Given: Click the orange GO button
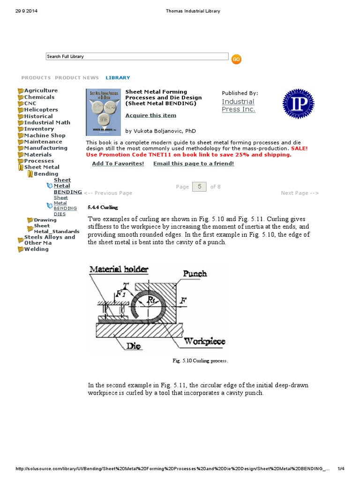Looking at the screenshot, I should tap(236, 59).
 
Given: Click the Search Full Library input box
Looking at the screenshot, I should tap(137, 57).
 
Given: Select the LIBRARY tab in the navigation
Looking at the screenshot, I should tap(118, 78).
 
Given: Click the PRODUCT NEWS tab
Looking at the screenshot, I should tap(77, 78).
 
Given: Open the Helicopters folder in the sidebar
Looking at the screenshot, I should tap(41, 110).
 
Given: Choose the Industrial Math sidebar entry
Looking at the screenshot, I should tap(47, 122).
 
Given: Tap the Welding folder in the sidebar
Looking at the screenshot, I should tap(36, 249).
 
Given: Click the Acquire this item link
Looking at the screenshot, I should tap(150, 115).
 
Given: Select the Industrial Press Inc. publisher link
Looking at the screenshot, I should tap(238, 105).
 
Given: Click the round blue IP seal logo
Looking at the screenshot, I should tap(298, 104).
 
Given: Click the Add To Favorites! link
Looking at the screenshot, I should tap(118, 164).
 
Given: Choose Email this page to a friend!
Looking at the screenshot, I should tap(193, 164).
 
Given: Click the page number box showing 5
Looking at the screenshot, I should tap(199, 187).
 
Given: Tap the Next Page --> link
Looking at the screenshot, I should tap(300, 193).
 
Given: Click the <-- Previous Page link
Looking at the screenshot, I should tap(108, 193).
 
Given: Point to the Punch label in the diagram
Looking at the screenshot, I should tap(195, 273).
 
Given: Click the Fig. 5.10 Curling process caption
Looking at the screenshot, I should tap(201, 361).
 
